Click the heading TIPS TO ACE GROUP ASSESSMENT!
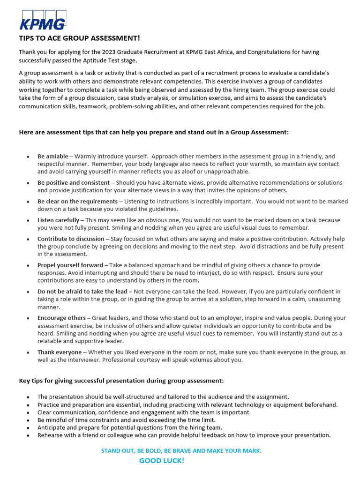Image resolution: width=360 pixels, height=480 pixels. click(x=79, y=38)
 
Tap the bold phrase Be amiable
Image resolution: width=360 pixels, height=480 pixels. click(x=52, y=156)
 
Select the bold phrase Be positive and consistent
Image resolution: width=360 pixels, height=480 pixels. click(x=73, y=182)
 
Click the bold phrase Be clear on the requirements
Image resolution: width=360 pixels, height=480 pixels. click(x=77, y=201)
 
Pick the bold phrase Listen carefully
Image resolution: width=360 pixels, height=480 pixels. click(x=58, y=220)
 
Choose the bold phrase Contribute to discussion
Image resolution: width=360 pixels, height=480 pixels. click(x=71, y=239)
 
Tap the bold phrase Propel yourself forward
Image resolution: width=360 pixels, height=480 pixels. click(x=70, y=265)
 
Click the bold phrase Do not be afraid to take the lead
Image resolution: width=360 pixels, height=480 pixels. click(x=82, y=291)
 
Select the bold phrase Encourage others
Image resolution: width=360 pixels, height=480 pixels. click(x=61, y=317)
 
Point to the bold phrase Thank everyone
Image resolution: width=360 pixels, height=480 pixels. click(x=59, y=352)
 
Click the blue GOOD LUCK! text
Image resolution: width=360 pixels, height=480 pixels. click(x=162, y=461)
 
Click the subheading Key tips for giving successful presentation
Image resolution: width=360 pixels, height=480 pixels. click(x=121, y=380)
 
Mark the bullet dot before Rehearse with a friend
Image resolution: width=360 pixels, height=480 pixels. click(x=28, y=435)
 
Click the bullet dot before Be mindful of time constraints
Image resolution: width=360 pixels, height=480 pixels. click(x=28, y=420)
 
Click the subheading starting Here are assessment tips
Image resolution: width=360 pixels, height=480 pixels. click(x=154, y=132)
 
